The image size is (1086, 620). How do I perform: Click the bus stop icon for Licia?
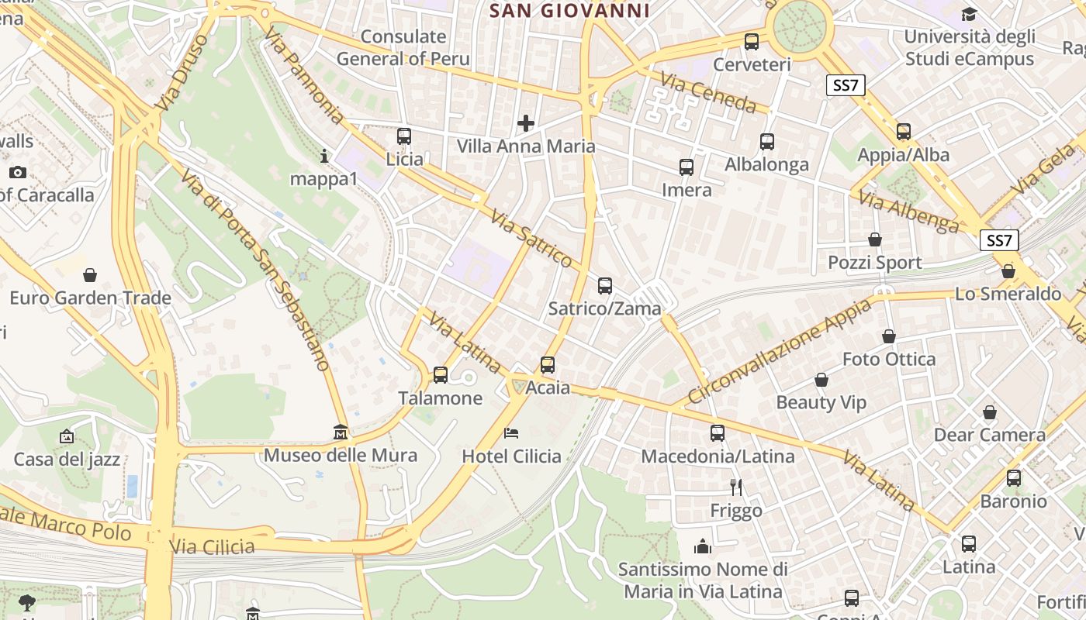(404, 136)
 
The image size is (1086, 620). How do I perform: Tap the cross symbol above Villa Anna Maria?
(526, 122)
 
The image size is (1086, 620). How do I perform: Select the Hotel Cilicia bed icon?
(510, 432)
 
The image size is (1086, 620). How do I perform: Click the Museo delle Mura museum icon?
(340, 432)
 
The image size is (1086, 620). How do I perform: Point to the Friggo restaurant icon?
(736, 487)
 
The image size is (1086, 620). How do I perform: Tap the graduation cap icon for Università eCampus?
(969, 14)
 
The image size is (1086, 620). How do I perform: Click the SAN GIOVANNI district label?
(570, 11)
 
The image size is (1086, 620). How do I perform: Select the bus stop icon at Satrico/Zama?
(605, 285)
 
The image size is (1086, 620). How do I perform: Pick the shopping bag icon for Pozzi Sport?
(875, 239)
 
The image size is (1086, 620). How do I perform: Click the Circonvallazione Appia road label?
(779, 351)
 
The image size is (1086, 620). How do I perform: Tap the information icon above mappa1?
(324, 157)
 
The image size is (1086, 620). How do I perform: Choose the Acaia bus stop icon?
(548, 364)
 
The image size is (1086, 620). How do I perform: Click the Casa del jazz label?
(67, 460)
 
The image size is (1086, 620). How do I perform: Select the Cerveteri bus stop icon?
(751, 42)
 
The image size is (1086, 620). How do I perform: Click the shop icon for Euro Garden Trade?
(90, 274)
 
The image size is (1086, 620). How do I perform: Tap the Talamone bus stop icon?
(441, 375)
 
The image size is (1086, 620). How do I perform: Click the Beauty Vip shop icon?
(821, 380)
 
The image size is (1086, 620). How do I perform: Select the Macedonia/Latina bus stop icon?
(718, 433)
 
